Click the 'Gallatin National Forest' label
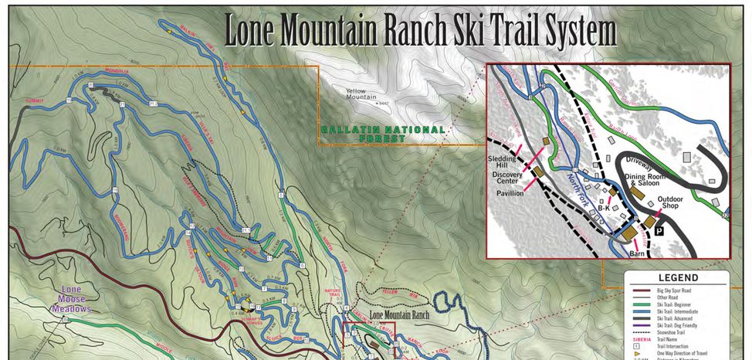[384, 134]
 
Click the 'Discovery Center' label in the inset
[507, 178]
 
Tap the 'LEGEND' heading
[677, 277]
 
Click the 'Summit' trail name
[33, 101]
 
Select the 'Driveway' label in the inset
[639, 165]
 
